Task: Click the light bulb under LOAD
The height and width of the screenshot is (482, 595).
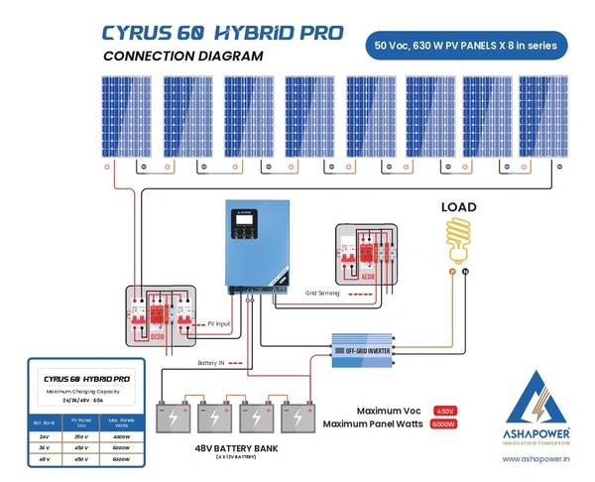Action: coord(458,238)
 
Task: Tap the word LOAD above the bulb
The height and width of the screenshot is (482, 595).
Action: coord(458,207)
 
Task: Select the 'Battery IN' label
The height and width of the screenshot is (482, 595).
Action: coord(215,363)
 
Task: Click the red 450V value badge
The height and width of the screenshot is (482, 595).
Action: coord(444,410)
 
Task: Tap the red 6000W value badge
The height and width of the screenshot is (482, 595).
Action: coord(444,423)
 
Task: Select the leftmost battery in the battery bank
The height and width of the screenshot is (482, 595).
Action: coord(175,417)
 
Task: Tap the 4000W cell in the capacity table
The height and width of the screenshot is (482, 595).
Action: coord(123,436)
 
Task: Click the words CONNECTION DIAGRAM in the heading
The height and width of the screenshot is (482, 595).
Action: coord(183,57)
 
